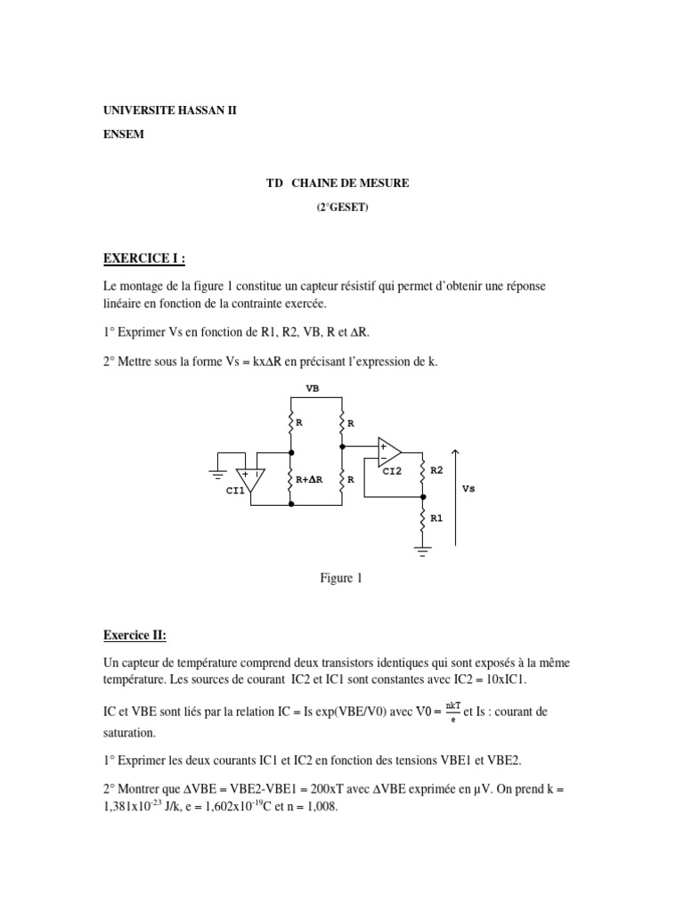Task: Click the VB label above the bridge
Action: click(313, 388)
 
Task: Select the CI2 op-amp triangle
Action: click(389, 452)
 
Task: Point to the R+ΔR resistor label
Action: click(308, 479)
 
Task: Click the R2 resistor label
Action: click(436, 468)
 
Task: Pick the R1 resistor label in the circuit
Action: click(436, 516)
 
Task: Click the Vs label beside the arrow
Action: click(469, 489)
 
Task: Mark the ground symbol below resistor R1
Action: click(422, 546)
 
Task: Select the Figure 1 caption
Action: click(341, 578)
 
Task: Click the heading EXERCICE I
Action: click(144, 259)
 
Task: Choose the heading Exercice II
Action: click(134, 635)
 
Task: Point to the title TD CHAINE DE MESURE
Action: click(338, 183)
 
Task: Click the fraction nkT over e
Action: click(453, 711)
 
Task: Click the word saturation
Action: click(130, 733)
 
